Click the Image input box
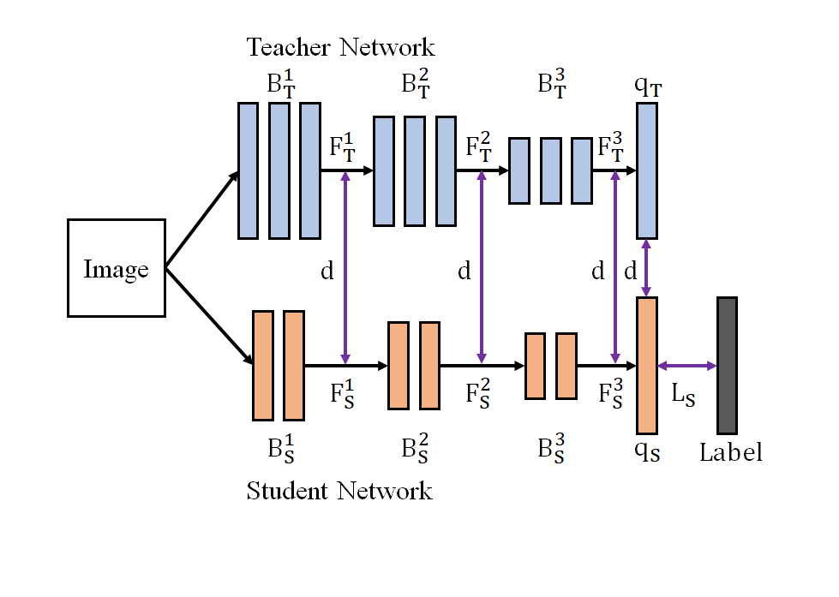116,269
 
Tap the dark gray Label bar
727,365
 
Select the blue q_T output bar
647,170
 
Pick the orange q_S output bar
647,365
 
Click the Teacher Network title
340,46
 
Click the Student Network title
339,491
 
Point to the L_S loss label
683,395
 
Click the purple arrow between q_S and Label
686,366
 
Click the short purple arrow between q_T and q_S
647,268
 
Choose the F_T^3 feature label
612,146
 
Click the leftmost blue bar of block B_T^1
248,170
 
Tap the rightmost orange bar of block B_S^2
429,365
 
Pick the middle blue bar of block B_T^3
550,170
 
